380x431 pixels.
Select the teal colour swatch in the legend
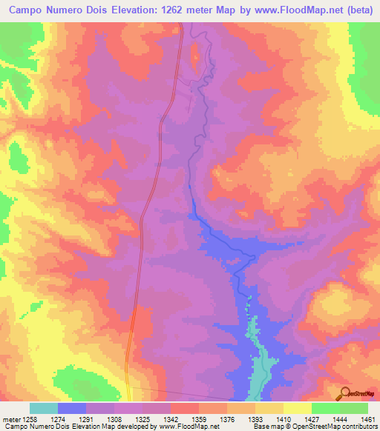[x=44, y=408]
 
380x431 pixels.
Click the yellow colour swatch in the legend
[x=298, y=408]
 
